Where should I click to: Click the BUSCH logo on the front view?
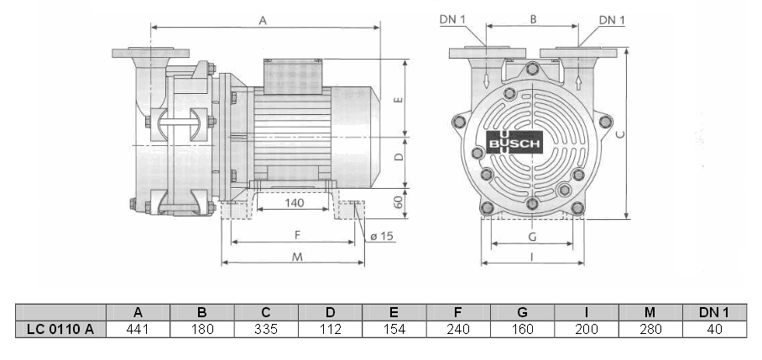(514, 143)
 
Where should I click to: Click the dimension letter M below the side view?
(297, 257)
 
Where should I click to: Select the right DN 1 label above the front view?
(612, 19)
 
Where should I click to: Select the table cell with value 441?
(138, 328)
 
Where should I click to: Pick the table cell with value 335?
(266, 328)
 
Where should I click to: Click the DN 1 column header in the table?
(713, 311)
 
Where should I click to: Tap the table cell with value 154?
(394, 328)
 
